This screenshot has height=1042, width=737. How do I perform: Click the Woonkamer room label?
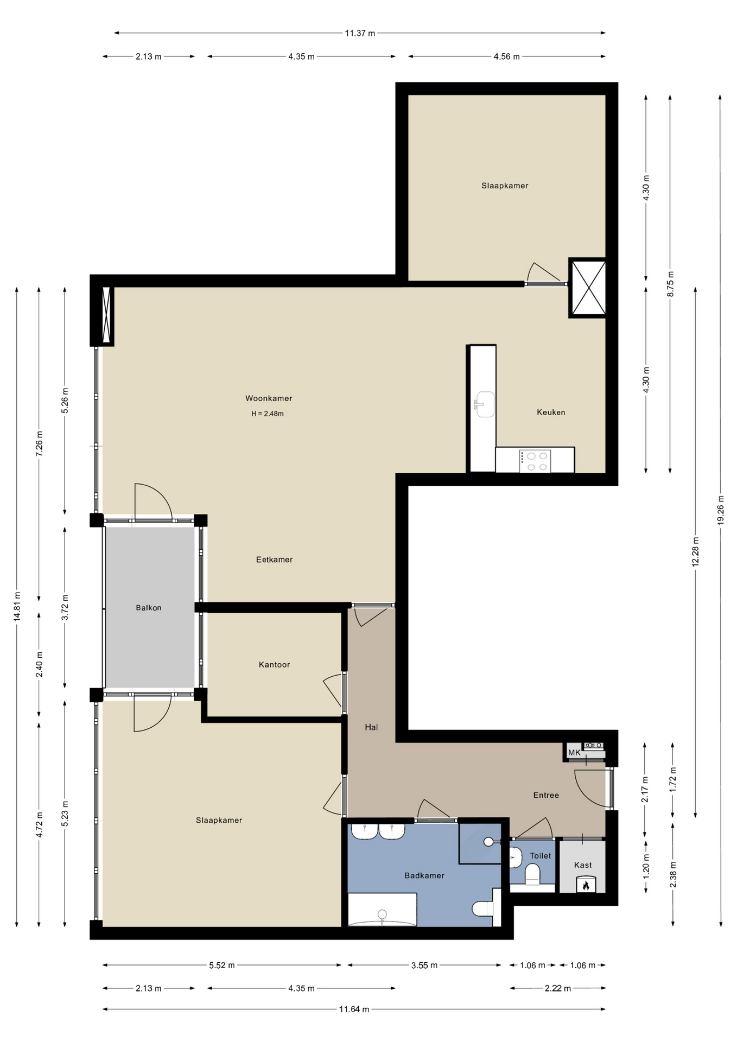[x=269, y=398]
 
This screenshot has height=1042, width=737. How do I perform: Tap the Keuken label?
[x=551, y=412]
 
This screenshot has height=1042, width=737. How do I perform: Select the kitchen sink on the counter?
[x=484, y=404]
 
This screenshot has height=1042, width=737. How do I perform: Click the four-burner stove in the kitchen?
[x=535, y=461]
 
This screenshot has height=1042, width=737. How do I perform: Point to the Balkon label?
[x=149, y=608]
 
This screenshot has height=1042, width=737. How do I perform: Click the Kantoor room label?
[x=274, y=665]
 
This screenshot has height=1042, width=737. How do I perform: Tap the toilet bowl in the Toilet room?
[x=532, y=874]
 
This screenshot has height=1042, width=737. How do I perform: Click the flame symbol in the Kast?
[x=586, y=886]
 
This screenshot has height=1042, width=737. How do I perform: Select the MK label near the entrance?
[x=574, y=753]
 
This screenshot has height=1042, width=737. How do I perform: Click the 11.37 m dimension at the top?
[x=360, y=33]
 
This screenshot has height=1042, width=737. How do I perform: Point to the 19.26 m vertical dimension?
[x=721, y=510]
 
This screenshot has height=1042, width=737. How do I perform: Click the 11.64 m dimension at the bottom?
[x=354, y=1009]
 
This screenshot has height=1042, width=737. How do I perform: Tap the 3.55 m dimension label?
[x=424, y=965]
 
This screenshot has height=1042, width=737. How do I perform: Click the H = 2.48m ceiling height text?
[x=268, y=414]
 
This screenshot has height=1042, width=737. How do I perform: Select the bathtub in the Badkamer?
[x=382, y=910]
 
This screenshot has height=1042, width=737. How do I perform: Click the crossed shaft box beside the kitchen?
[x=587, y=288]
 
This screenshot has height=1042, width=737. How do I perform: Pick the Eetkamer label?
[x=274, y=560]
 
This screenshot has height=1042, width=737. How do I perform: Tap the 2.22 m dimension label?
[x=558, y=988]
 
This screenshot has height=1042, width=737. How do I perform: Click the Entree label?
[x=546, y=795]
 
